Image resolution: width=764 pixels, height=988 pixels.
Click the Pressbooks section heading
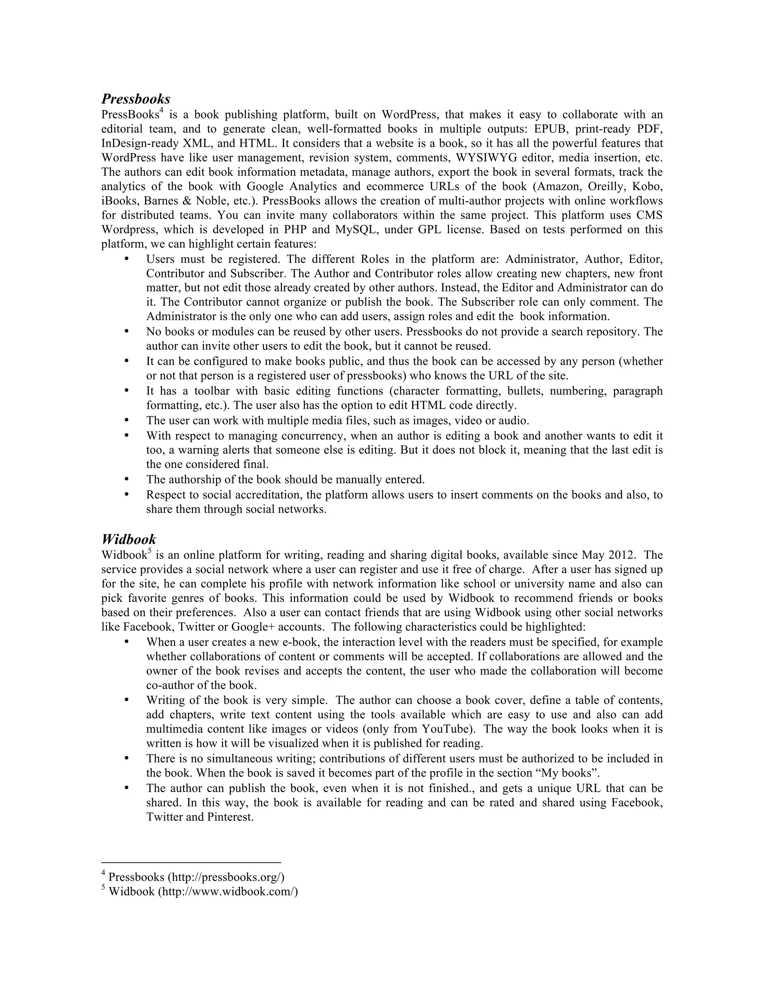pos(135,99)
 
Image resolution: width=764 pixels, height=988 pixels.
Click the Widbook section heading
pos(129,539)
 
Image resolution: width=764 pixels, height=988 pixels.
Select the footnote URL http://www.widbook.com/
pos(228,891)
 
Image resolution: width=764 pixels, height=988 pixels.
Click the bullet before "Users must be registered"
pos(127,259)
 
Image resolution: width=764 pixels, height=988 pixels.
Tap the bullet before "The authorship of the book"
pos(127,479)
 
